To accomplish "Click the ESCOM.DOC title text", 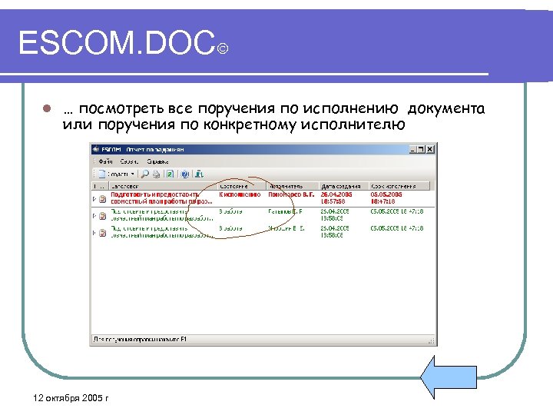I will click(115, 44).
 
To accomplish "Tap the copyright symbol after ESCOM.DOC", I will click(222, 51).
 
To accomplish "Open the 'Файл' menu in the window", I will click(105, 162).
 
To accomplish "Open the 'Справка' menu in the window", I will click(158, 162).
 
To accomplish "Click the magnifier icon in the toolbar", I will click(144, 174).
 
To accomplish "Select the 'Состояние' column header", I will click(233, 186).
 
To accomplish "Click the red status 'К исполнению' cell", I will click(238, 194).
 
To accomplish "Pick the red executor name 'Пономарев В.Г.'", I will click(290, 194).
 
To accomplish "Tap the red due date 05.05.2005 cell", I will click(388, 194).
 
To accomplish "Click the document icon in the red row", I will click(104, 198).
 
